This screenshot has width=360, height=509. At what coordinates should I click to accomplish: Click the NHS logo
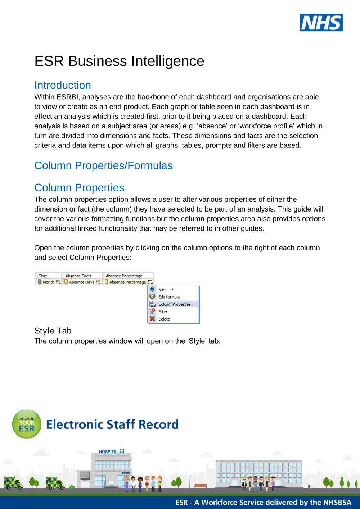(x=321, y=23)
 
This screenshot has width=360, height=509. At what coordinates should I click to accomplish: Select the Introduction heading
(x=63, y=85)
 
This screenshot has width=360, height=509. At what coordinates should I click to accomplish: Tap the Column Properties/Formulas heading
(x=103, y=165)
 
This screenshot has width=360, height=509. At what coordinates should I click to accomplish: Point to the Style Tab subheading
(x=53, y=331)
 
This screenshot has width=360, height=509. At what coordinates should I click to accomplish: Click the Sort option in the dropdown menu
(x=162, y=290)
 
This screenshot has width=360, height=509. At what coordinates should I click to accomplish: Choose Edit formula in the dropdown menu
(x=169, y=297)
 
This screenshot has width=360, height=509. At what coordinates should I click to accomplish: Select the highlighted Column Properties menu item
(x=174, y=304)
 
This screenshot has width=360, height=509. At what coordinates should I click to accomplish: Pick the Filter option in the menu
(x=163, y=312)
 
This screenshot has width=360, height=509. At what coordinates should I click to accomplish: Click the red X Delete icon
(x=152, y=319)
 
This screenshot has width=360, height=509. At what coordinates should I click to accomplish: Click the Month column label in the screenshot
(x=48, y=282)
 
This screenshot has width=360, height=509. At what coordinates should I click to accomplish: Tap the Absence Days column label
(x=81, y=282)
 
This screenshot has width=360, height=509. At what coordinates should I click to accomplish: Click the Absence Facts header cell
(x=78, y=276)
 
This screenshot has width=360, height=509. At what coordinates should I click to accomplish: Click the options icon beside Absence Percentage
(x=150, y=282)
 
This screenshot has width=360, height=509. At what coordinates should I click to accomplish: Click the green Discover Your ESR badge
(x=27, y=424)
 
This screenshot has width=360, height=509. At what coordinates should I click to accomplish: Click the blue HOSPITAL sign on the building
(x=111, y=451)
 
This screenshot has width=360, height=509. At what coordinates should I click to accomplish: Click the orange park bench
(x=201, y=486)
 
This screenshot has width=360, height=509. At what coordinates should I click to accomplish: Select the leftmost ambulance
(x=13, y=483)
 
